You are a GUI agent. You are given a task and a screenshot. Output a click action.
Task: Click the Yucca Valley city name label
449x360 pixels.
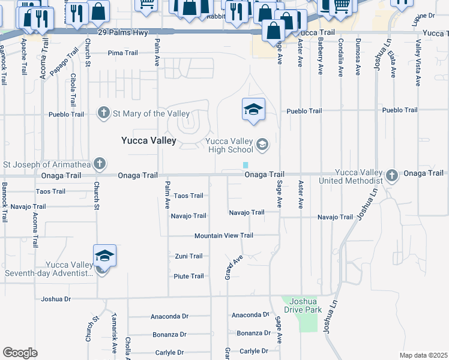pyautogui.click(x=149, y=140)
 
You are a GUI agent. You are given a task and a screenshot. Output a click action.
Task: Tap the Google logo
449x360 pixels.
pyautogui.click(x=20, y=353)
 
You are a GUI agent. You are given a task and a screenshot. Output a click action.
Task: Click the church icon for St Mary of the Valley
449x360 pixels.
pyautogui.click(x=103, y=113)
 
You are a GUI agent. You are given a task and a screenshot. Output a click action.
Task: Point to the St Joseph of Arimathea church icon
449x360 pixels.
pyautogui.click(x=100, y=163)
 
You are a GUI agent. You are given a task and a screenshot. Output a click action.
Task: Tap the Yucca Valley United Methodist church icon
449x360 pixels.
pyautogui.click(x=392, y=175)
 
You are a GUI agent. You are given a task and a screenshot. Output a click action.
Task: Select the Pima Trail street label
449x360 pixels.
pyautogui.click(x=123, y=53)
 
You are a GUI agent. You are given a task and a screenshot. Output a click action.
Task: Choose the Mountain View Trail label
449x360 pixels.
pyautogui.click(x=223, y=236)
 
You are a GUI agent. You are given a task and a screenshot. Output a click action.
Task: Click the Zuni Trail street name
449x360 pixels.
pyautogui.click(x=188, y=256)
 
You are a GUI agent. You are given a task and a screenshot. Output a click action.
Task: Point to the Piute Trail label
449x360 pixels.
pyautogui.click(x=188, y=277)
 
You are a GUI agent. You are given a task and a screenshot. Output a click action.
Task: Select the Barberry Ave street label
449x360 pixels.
pyautogui.click(x=321, y=58)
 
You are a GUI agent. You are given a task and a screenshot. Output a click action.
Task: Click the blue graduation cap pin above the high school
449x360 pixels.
pyautogui.click(x=253, y=109)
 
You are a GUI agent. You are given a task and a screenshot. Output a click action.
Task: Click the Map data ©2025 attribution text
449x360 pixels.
pyautogui.click(x=423, y=355)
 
